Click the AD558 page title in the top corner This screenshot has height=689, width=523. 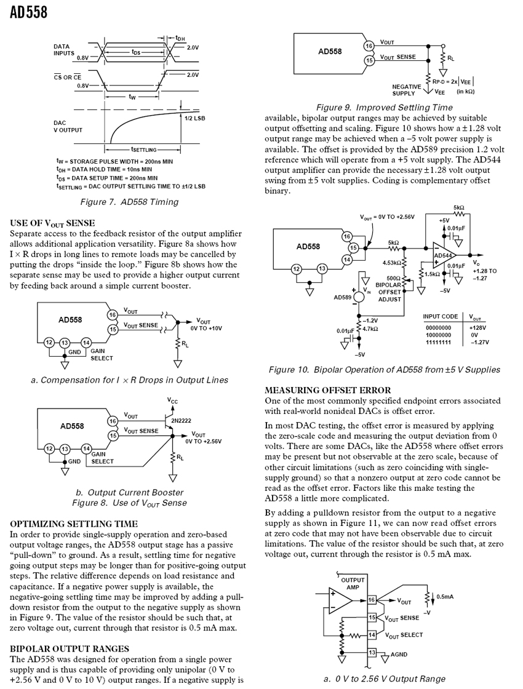[28, 12]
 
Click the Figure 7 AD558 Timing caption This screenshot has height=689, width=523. [130, 202]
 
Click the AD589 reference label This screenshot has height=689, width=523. [342, 297]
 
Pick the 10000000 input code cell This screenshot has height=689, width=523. [437, 335]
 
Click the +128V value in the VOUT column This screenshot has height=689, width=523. [478, 328]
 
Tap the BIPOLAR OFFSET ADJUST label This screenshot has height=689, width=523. [388, 292]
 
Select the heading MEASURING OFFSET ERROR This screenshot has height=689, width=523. [327, 390]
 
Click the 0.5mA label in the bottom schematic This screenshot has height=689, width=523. [445, 596]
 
